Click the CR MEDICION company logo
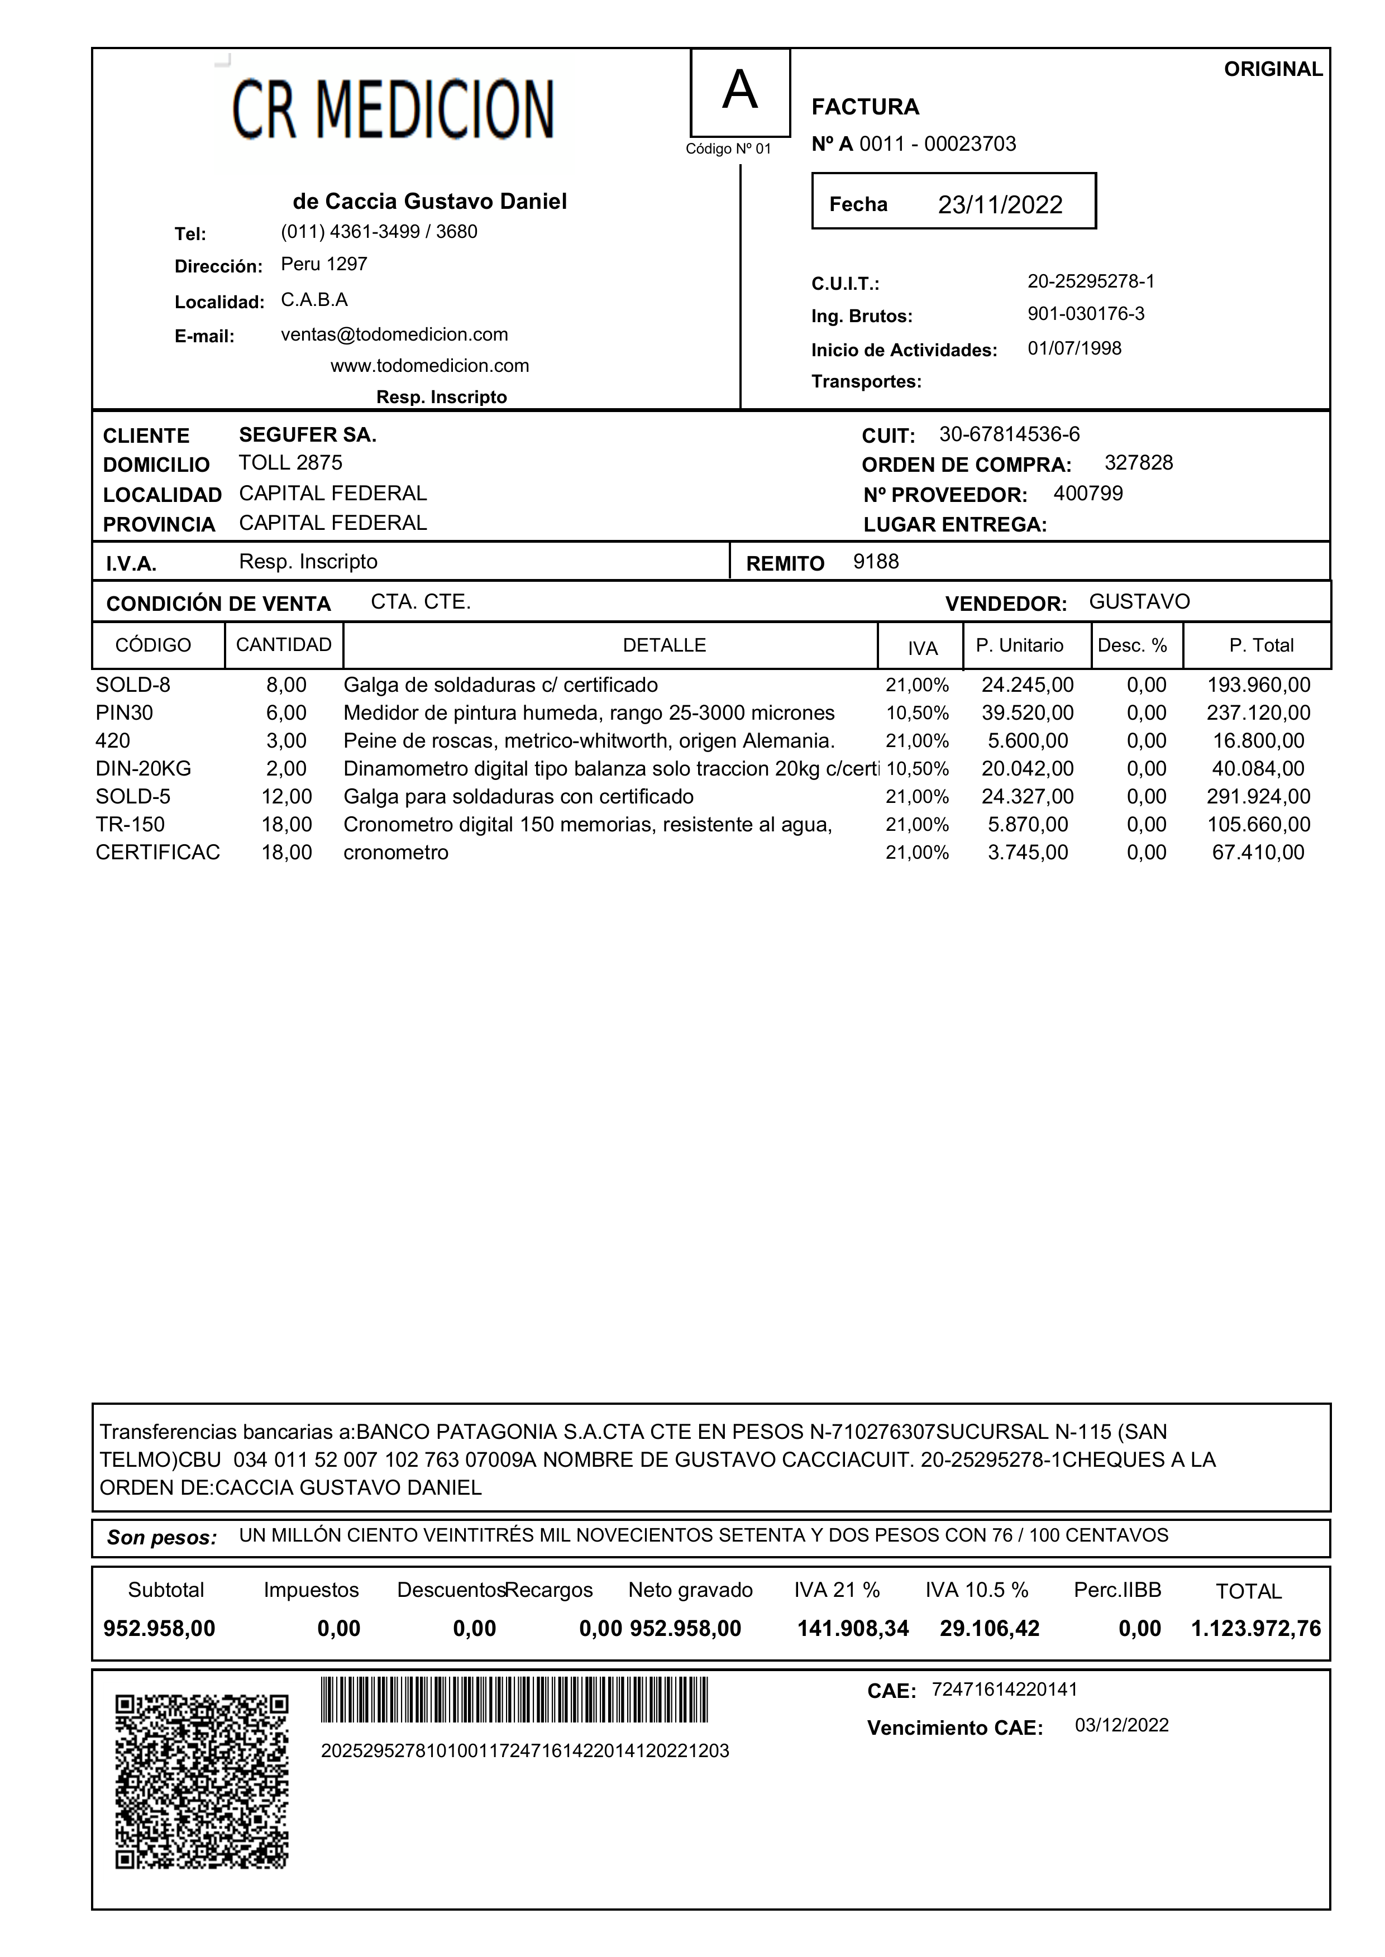393,110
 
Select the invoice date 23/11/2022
1000,205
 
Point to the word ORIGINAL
1272,69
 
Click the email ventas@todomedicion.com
394,334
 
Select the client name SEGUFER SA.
307,435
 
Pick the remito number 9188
876,561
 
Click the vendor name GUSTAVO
1139,601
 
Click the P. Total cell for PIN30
1258,713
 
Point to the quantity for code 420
286,741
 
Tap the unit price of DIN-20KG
1027,768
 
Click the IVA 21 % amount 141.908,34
852,1629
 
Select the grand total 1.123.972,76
1255,1629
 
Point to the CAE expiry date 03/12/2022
1121,1725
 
